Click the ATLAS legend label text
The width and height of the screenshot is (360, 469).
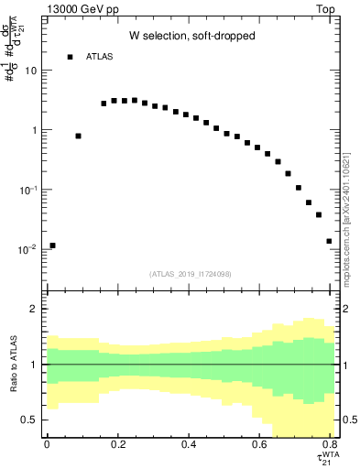coord(101,58)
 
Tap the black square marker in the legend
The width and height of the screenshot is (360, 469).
coord(70,58)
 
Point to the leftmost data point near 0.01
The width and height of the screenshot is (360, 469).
coord(53,245)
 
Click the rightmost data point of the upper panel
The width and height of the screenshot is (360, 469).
coord(329,241)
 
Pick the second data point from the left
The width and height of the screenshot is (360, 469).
coord(79,136)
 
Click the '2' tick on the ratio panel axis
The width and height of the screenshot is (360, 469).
coord(34,309)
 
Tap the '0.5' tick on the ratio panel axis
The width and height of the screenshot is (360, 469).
coord(30,420)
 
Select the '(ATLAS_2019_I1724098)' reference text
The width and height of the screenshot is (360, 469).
coord(190,274)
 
